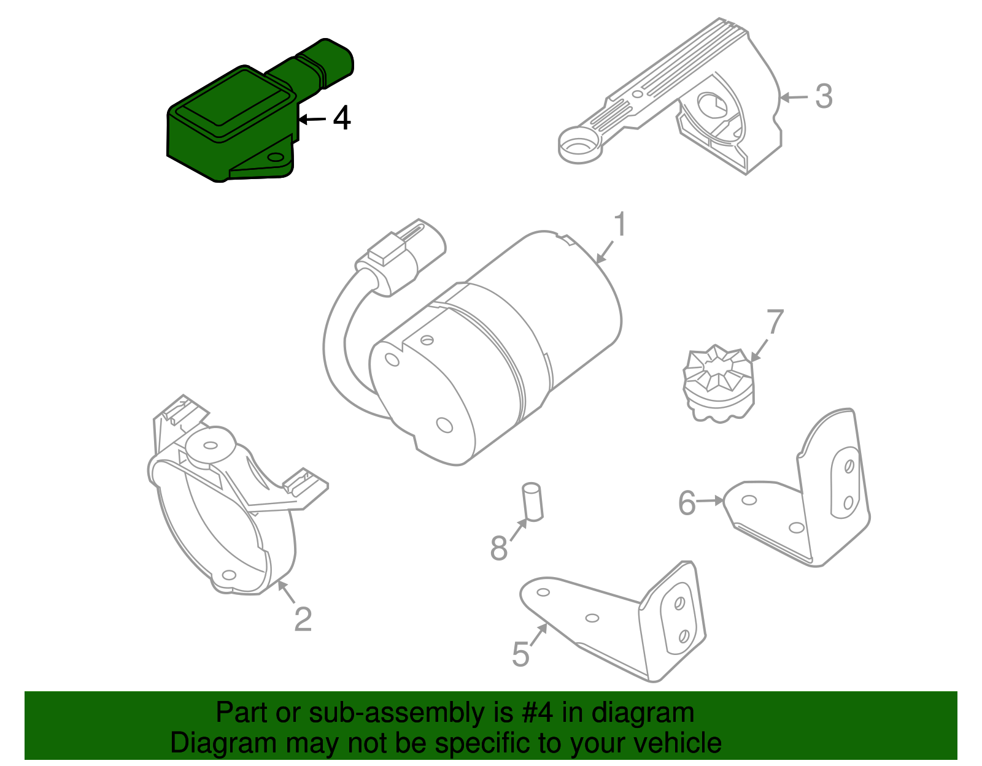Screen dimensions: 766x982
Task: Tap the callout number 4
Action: [x=341, y=118]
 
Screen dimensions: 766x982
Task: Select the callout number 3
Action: [x=824, y=97]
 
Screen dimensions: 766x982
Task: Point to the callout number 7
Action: [x=775, y=322]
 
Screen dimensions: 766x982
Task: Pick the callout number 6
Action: [x=687, y=503]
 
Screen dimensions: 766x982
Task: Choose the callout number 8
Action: [x=498, y=548]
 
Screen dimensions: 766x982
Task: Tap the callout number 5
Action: [x=520, y=654]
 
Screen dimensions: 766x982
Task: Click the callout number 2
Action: [x=303, y=619]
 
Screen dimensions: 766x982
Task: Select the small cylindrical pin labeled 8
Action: [x=533, y=502]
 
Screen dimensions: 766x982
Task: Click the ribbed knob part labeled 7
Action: [x=718, y=383]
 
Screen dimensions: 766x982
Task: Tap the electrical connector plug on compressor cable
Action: [x=402, y=251]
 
